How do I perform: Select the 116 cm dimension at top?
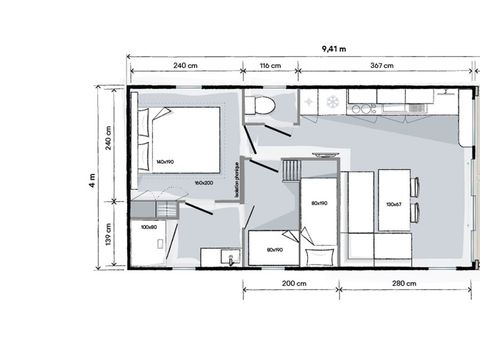pyautogui.click(x=269, y=67)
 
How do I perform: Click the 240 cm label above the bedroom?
pyautogui.click(x=185, y=67)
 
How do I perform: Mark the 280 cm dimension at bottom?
pyautogui.click(x=404, y=284)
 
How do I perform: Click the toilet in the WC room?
pyautogui.click(x=264, y=105)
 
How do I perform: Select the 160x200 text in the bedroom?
pyautogui.click(x=206, y=182)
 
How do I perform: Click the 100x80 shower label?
pyautogui.click(x=149, y=227)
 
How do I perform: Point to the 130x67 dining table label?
pyautogui.click(x=393, y=205)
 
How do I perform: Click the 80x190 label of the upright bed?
pyautogui.click(x=319, y=205)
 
